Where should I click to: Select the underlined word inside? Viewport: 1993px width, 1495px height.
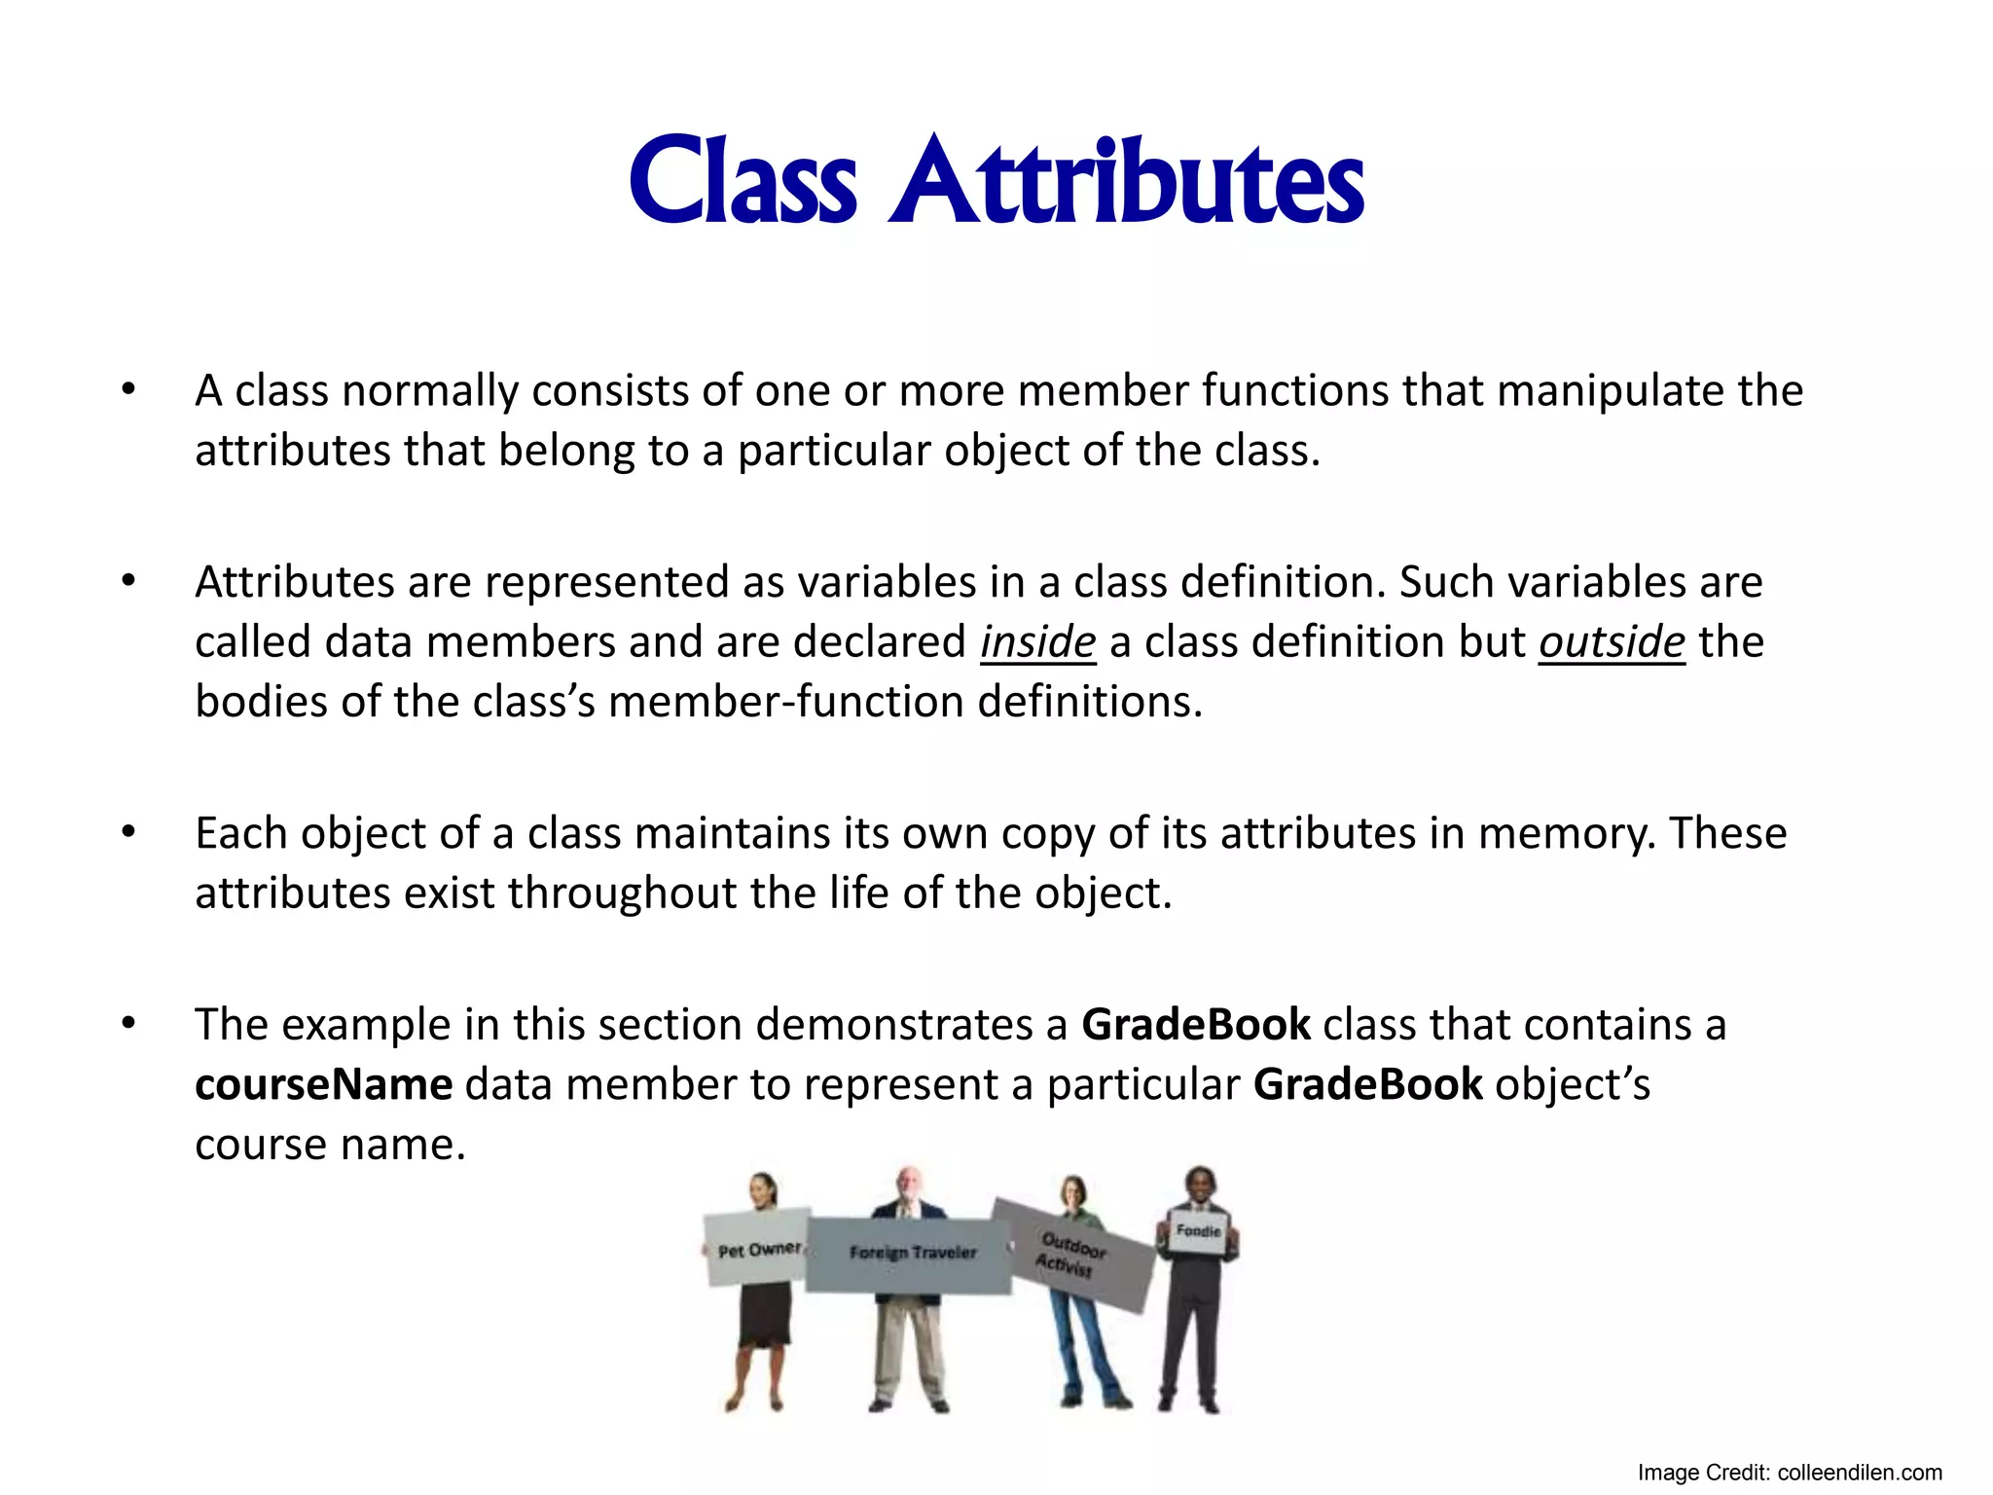(x=1037, y=642)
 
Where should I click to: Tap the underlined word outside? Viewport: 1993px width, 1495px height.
(x=1611, y=642)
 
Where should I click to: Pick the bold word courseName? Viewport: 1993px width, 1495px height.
(x=323, y=1084)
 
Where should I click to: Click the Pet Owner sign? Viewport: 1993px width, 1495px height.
(x=757, y=1249)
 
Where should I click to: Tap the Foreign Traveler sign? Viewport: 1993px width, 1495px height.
(x=911, y=1254)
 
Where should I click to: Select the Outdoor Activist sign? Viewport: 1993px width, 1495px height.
(x=1072, y=1254)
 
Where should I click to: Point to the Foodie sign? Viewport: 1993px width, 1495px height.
(x=1198, y=1232)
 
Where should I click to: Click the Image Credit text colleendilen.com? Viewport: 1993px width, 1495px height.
(x=1859, y=1474)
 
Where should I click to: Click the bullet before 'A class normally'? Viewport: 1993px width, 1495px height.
(x=128, y=390)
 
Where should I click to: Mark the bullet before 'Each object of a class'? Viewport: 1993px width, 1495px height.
(x=128, y=833)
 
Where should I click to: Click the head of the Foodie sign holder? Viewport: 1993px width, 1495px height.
(x=1201, y=1185)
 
